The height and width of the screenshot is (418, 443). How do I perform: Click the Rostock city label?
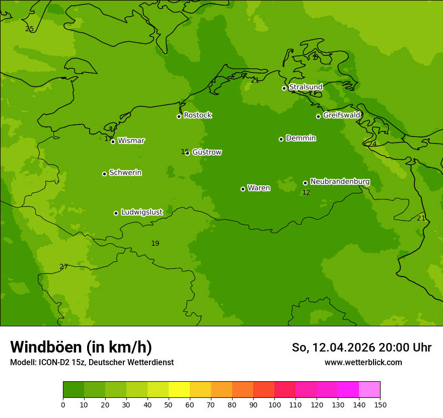pos(197,115)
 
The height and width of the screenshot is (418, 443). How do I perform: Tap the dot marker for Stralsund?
pos(284,88)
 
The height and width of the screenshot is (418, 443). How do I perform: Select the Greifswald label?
pos(341,115)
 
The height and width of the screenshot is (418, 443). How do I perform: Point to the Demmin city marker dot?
pos(281,139)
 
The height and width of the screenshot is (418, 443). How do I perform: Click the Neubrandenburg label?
pos(340,182)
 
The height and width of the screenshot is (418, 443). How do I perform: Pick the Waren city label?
pos(259,188)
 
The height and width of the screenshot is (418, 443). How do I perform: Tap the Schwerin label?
pos(125,173)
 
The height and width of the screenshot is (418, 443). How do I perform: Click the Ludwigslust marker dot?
pos(116,213)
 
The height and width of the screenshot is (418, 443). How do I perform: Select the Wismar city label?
pos(131,141)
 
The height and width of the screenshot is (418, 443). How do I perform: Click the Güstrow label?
pos(207,152)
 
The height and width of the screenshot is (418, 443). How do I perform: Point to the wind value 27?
pos(63,267)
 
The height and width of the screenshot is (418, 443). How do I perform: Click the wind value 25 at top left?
pos(30,29)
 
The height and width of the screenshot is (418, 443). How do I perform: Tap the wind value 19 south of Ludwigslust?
pos(155,244)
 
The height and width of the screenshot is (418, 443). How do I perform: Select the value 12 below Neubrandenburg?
pos(306,193)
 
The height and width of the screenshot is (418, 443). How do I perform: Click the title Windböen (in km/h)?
pos(81,347)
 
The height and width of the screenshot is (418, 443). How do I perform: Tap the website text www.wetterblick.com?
pos(363,362)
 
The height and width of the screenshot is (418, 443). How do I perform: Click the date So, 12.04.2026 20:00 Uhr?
pos(361,347)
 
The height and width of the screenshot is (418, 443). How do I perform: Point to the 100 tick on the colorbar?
pos(274,404)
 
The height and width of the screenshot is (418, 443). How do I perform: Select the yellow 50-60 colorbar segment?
pos(179,390)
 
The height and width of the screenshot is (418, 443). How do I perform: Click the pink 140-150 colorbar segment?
pos(370,390)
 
